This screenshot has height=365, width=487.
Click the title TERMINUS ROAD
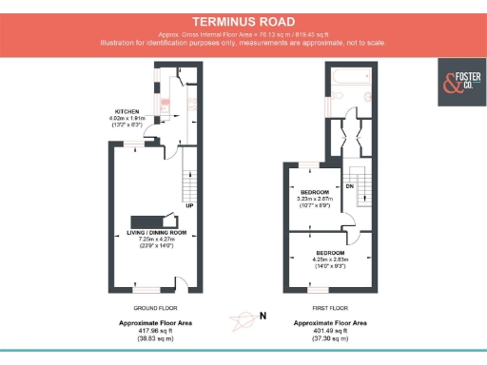pyautogui.click(x=243, y=21)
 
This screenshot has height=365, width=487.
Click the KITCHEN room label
pyautogui.click(x=127, y=110)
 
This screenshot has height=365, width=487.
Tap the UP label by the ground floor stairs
pyautogui.click(x=190, y=204)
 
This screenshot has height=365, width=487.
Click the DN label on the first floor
pyautogui.click(x=349, y=186)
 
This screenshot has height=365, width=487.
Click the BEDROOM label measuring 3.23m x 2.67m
pyautogui.click(x=314, y=191)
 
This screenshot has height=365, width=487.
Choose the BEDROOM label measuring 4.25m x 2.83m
pyautogui.click(x=317, y=251)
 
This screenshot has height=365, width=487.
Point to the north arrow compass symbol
pyautogui.click(x=242, y=317)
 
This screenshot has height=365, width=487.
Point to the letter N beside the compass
pyautogui.click(x=263, y=316)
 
